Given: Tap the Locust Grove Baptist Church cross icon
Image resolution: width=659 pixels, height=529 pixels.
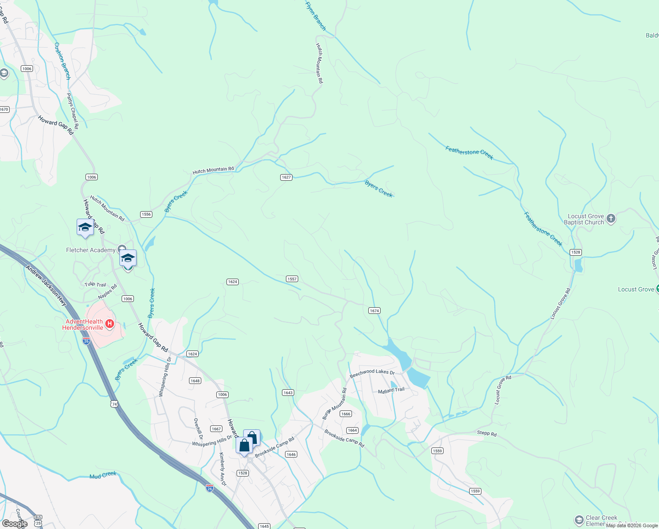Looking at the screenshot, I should (611, 218).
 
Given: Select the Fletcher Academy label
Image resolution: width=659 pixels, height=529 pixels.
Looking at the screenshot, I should (91, 250).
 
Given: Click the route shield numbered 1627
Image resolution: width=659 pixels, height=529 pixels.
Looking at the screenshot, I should (286, 177).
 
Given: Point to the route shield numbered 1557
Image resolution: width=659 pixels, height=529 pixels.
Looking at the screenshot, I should (292, 279).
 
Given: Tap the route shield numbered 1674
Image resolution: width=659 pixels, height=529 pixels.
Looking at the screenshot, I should (374, 311).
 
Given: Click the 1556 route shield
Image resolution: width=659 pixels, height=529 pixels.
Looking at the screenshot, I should (146, 214).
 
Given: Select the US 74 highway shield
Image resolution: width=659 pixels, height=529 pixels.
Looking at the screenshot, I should (115, 404).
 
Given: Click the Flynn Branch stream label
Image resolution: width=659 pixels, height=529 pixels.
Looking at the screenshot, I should (316, 15).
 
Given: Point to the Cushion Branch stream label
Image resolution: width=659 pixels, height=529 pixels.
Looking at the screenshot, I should (62, 61).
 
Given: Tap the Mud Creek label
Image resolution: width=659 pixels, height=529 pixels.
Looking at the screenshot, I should (103, 475).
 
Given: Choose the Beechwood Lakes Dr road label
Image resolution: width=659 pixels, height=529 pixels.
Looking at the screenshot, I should (372, 373).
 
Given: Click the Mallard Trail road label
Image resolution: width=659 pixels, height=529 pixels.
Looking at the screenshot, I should (391, 390).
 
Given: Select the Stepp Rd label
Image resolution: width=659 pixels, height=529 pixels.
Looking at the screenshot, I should (487, 433).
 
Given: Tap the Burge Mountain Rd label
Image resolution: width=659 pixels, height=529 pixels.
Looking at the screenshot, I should (334, 404).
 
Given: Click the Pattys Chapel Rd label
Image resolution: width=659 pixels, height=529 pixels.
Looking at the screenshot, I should (73, 111).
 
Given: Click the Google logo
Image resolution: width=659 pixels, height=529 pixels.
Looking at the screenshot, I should (15, 524).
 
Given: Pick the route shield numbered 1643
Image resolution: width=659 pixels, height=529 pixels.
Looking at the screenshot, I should (288, 393).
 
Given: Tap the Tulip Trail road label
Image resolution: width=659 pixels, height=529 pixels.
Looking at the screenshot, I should (95, 284).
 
